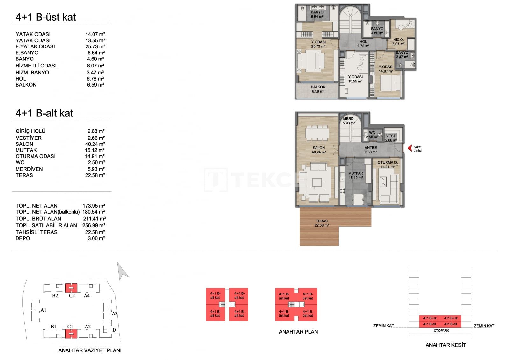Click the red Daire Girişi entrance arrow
(410, 148)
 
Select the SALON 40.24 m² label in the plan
(318, 150)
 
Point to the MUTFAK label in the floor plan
(355, 173)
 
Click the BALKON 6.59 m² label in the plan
(318, 89)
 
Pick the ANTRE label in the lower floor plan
(370, 148)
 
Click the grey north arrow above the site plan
(122, 271)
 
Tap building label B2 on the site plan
(55, 296)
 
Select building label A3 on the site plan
(115, 314)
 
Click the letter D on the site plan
(114, 330)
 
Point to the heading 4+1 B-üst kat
(45, 17)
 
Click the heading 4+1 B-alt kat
(44, 113)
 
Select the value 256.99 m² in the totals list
(94, 225)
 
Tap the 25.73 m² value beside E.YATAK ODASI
(95, 46)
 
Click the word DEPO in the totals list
(23, 238)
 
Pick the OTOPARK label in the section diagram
(441, 330)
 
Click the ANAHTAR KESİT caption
(445, 345)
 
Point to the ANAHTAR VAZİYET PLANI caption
(90, 350)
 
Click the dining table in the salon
(317, 133)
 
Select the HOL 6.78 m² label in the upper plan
(363, 44)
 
